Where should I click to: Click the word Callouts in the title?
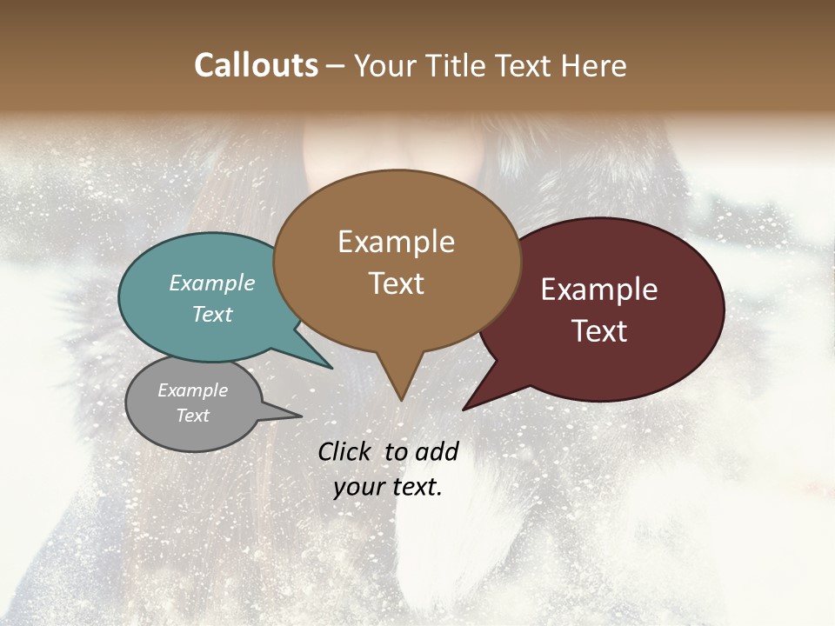coord(256,65)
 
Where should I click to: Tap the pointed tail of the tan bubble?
coord(400,396)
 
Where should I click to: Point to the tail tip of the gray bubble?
coord(300,416)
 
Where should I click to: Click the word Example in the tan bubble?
coord(396,242)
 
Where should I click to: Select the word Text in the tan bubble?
coord(396,283)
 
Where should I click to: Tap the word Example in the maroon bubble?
coord(599,290)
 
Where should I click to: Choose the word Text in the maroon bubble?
coord(599,331)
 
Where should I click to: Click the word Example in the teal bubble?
coord(211,283)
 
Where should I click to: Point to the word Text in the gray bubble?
coord(192,416)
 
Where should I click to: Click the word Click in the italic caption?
coord(346,451)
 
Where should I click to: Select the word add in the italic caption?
coord(437,451)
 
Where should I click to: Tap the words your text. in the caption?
coord(388,487)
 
